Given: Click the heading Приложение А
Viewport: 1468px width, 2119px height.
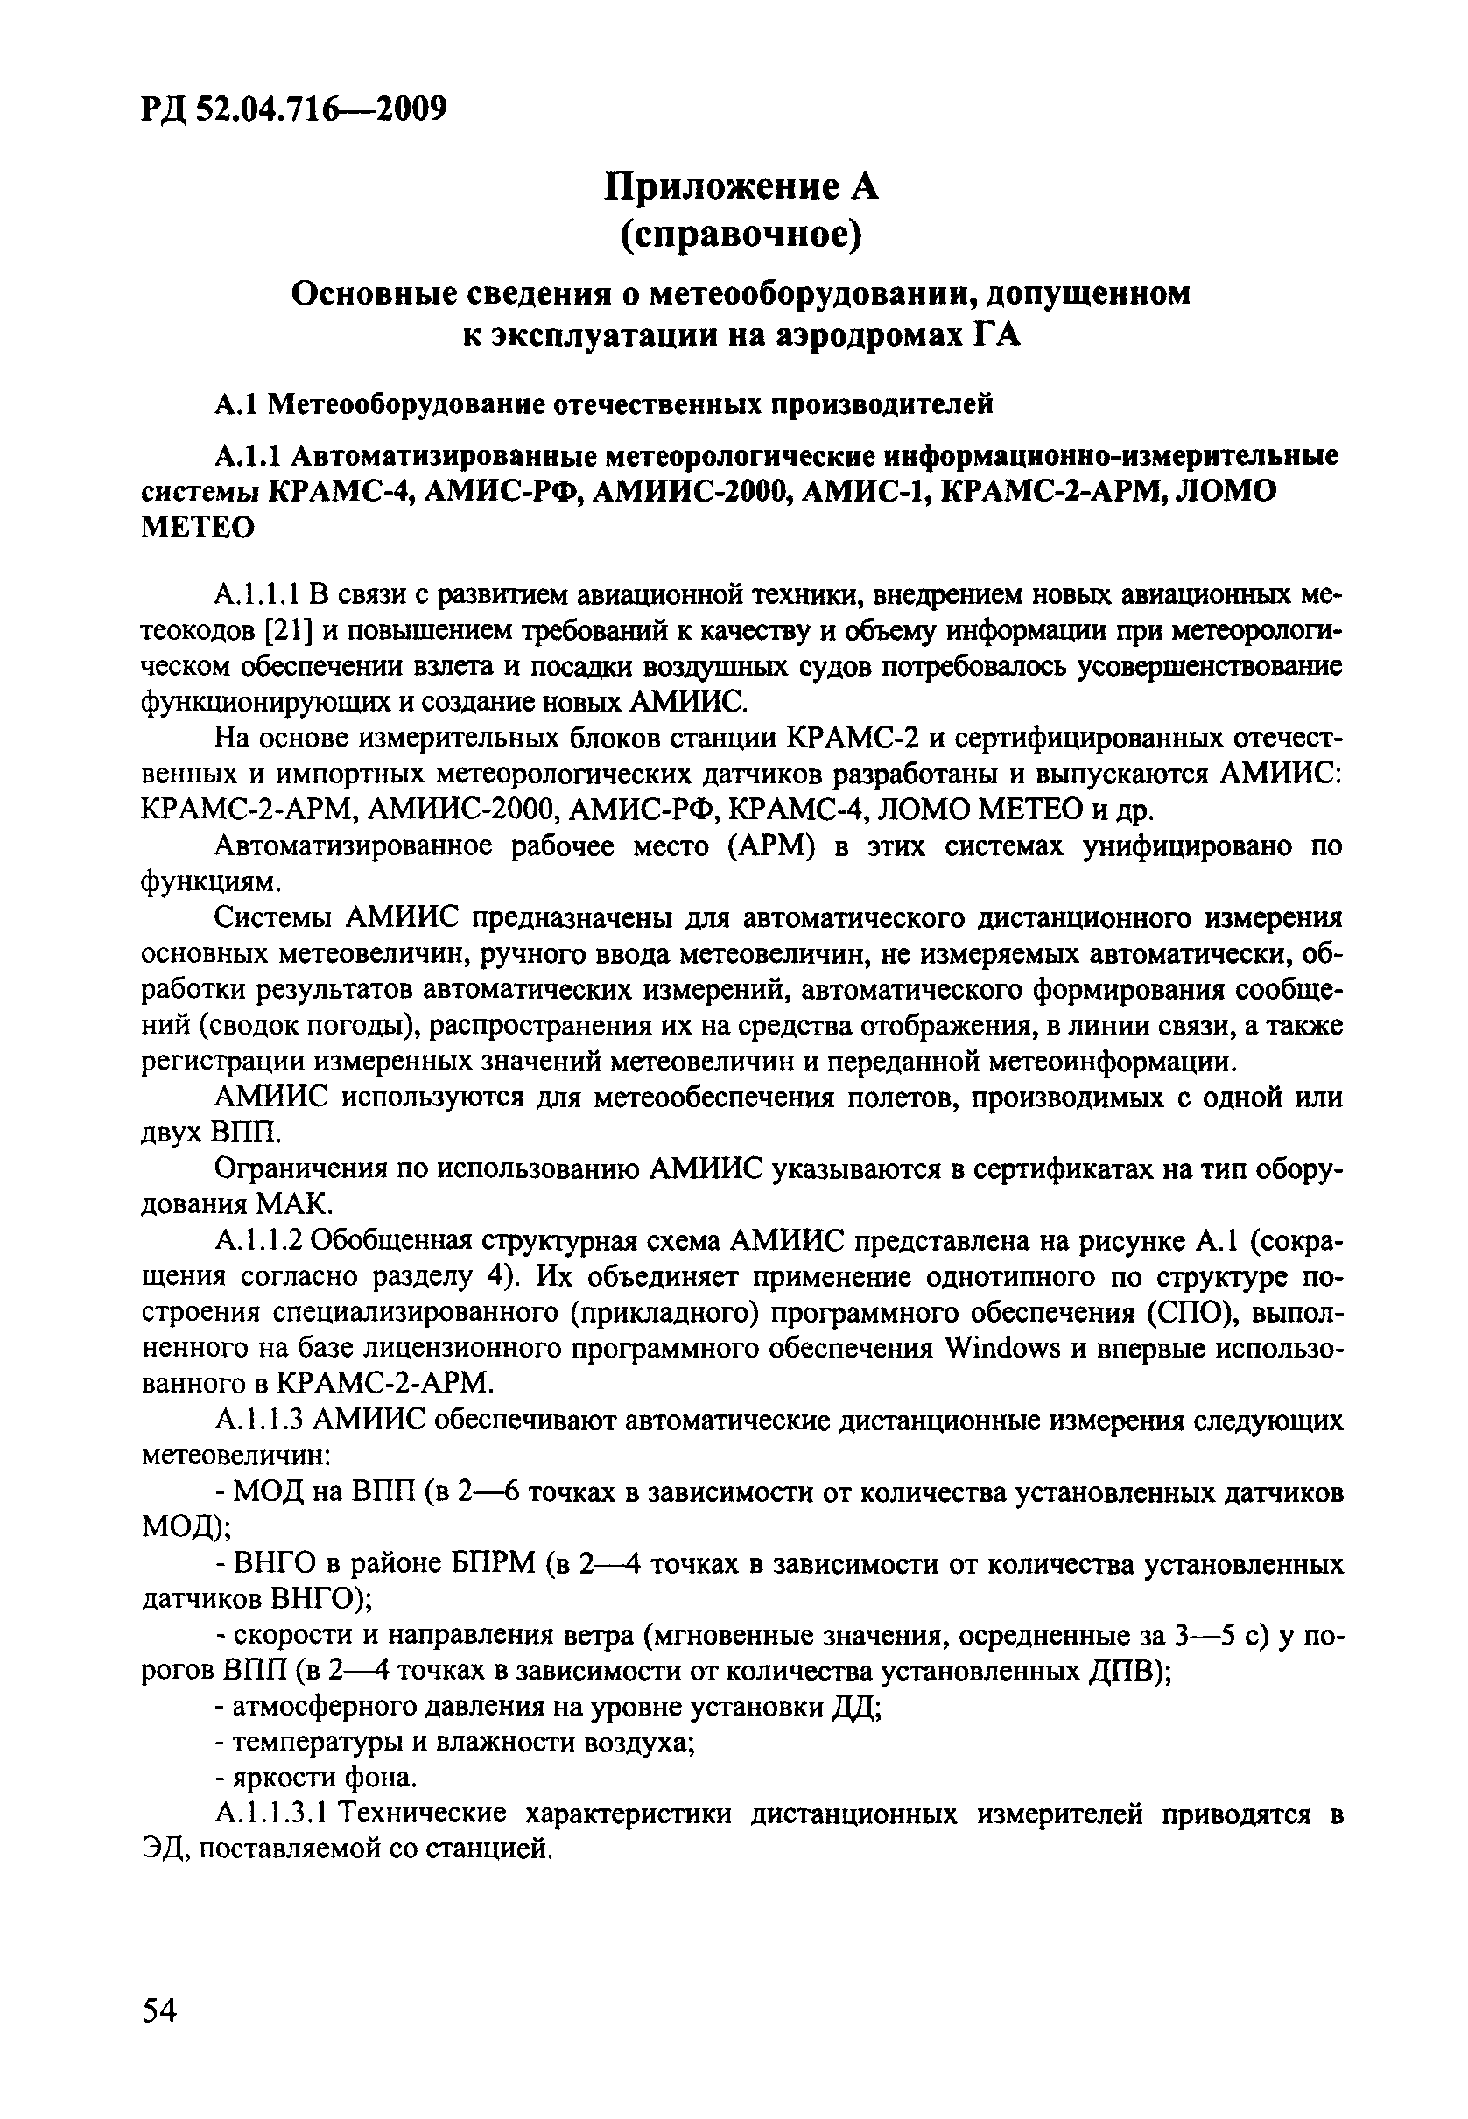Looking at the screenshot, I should (x=741, y=186).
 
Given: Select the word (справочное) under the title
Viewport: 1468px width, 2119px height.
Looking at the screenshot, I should (x=741, y=236).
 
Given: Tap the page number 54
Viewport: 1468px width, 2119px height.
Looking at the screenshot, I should (x=159, y=2011).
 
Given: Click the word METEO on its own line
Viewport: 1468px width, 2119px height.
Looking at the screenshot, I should (x=198, y=528).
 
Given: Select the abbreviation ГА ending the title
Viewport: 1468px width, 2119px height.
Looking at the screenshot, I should (x=997, y=336).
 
